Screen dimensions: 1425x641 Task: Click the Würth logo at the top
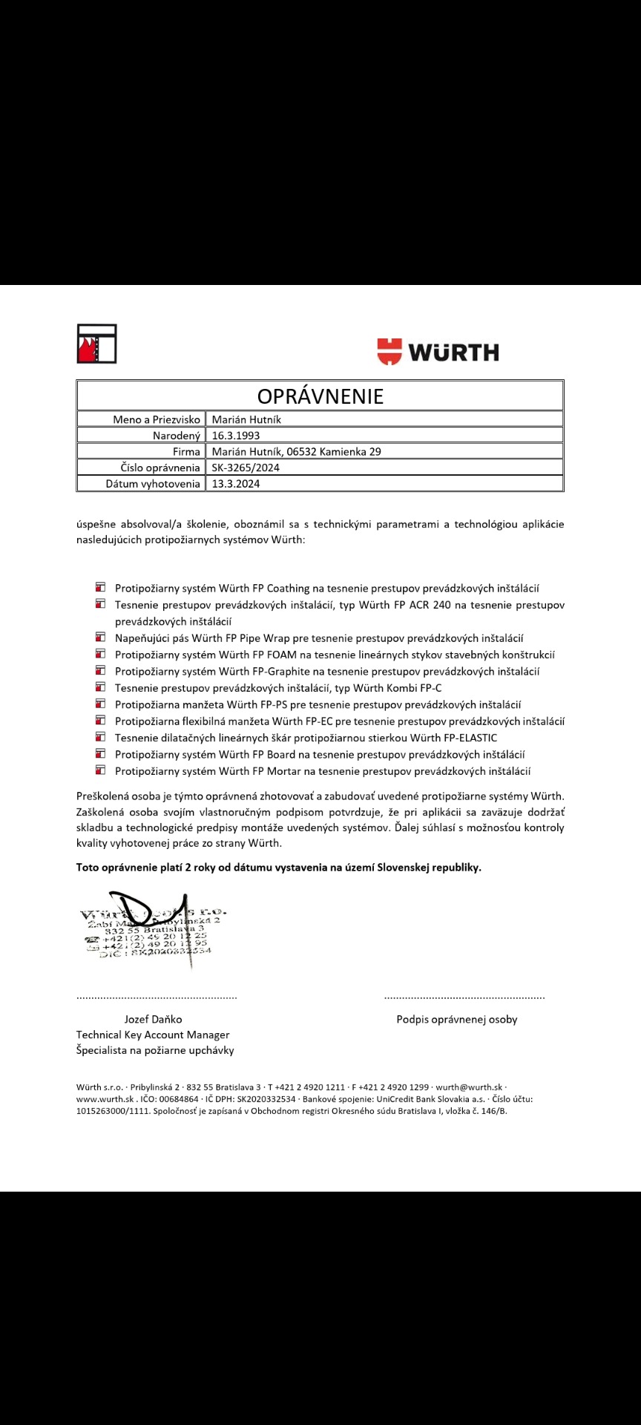coord(438,352)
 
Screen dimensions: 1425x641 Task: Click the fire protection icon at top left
coord(96,344)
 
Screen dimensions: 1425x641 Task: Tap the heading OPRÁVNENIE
coord(320,396)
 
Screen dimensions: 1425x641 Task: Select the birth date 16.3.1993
coord(236,436)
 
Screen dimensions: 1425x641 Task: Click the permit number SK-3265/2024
coord(246,468)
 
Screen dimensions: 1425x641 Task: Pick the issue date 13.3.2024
coord(236,484)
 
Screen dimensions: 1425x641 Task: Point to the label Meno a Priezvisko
coord(157,419)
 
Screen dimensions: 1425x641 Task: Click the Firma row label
coord(186,451)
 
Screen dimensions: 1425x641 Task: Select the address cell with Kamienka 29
coord(297,451)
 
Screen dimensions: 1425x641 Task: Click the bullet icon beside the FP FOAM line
coord(100,654)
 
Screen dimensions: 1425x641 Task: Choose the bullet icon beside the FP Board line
coord(100,753)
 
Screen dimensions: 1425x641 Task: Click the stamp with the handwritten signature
coord(152,928)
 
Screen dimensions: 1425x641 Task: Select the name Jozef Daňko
coord(153,1019)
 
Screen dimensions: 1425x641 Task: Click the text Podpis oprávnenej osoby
coord(457,1019)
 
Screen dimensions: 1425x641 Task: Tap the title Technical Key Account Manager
coord(153,1035)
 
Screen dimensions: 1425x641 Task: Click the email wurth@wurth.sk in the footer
coord(469,1087)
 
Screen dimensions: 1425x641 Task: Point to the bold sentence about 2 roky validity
coord(279,867)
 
